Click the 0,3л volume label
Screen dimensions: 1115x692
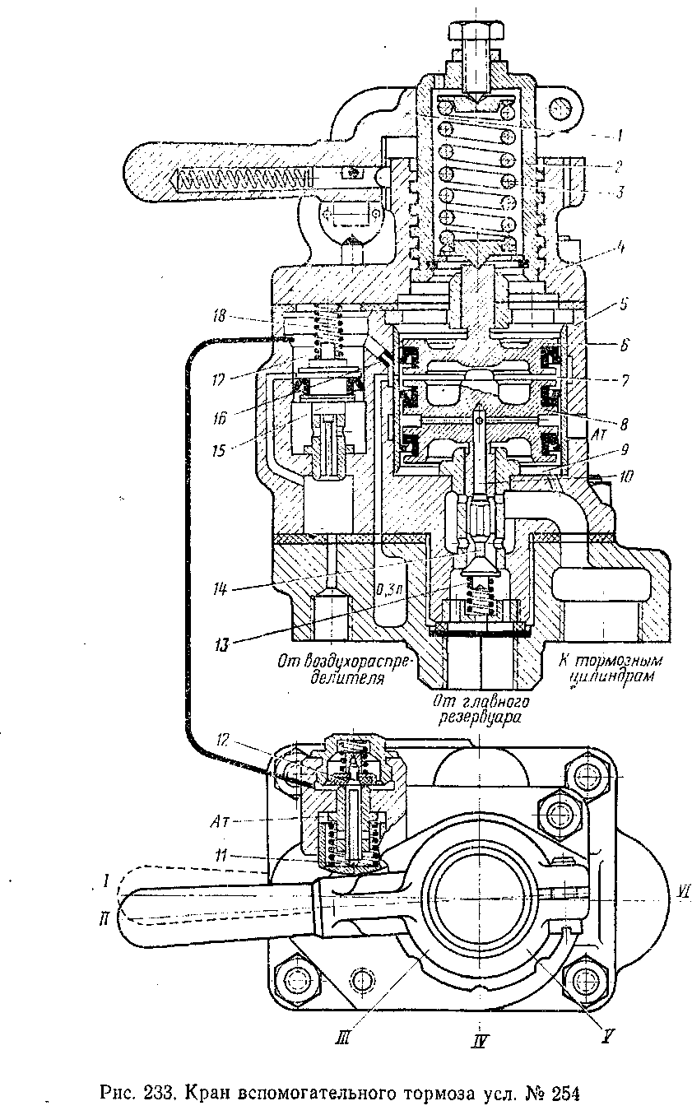pos(386,588)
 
